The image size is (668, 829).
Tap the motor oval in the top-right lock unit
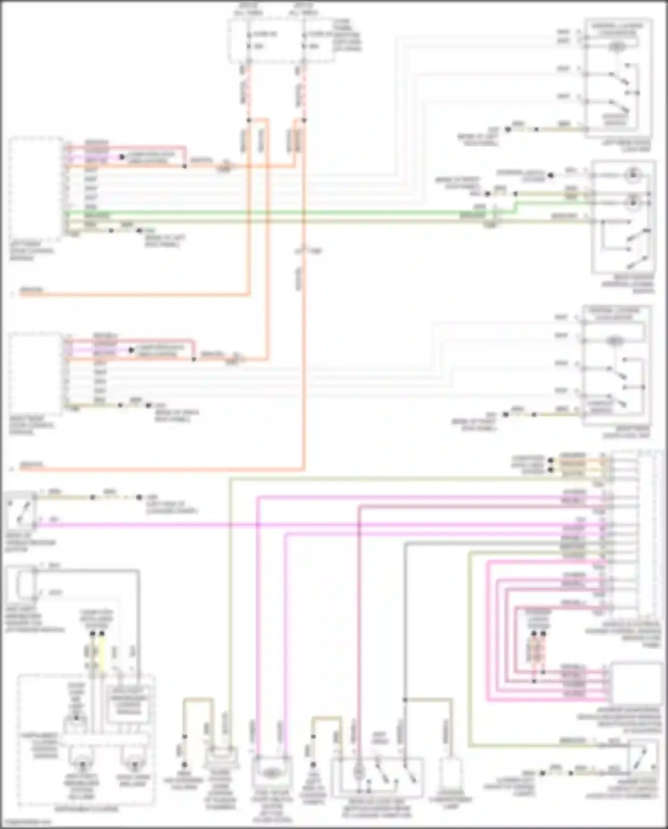617,46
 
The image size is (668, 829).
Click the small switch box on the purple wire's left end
20,509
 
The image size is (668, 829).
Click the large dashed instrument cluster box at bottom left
86,739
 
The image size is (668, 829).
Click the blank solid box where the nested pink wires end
636,682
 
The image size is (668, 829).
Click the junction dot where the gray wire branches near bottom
405,700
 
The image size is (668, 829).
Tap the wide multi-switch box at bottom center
377,776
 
